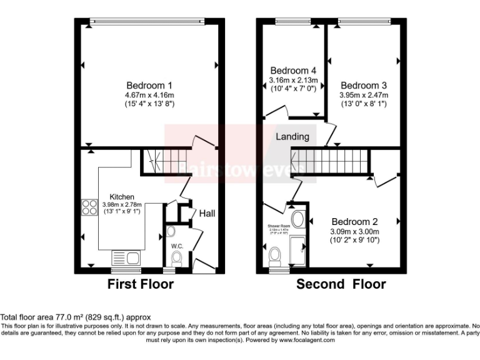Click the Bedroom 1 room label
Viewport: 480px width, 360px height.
click(149, 85)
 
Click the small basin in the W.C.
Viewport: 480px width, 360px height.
click(171, 232)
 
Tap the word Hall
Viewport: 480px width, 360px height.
click(207, 214)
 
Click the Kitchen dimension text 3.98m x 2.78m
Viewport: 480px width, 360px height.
click(122, 204)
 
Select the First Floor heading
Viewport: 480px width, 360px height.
click(141, 285)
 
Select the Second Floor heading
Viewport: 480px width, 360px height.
click(341, 285)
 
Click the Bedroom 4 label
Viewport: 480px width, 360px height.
click(294, 71)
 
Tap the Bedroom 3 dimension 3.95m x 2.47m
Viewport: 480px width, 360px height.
click(364, 95)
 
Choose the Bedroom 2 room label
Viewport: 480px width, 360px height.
click(354, 222)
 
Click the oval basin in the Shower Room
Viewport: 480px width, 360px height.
click(299, 219)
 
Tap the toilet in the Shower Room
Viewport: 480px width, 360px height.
click(274, 256)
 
